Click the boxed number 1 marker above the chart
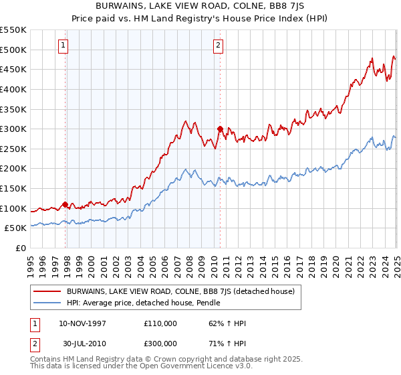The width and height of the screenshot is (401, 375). pyautogui.click(x=63, y=46)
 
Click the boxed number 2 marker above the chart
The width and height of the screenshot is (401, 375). pyautogui.click(x=219, y=46)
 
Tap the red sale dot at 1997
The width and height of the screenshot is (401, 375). pyautogui.click(x=65, y=204)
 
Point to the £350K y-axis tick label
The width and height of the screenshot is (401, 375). pyautogui.click(x=13, y=109)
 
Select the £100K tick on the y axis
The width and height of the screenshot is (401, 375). pyautogui.click(x=13, y=208)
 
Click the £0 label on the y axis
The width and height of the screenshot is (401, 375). pyautogui.click(x=21, y=248)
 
